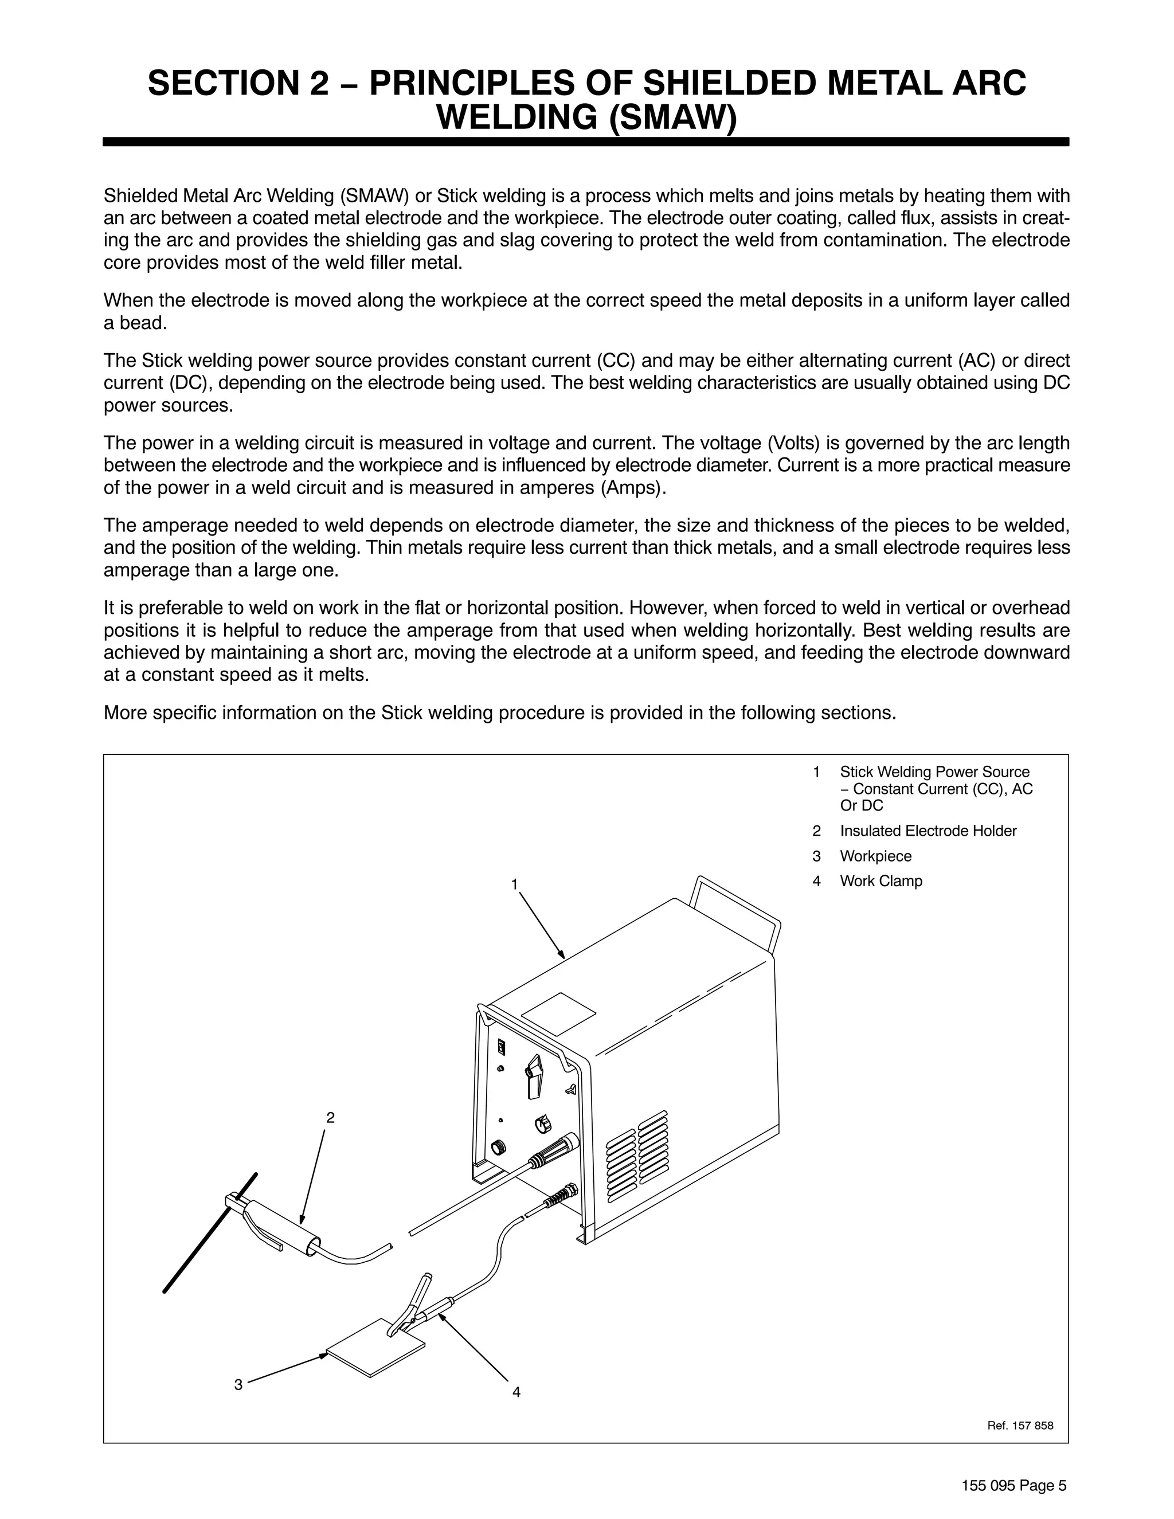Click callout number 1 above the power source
tap(514, 884)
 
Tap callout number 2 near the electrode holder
tap(330, 1118)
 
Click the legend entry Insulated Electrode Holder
tap(928, 831)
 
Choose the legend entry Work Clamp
tap(880, 880)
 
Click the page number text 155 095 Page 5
tap(1013, 1485)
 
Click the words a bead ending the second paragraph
tap(135, 323)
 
